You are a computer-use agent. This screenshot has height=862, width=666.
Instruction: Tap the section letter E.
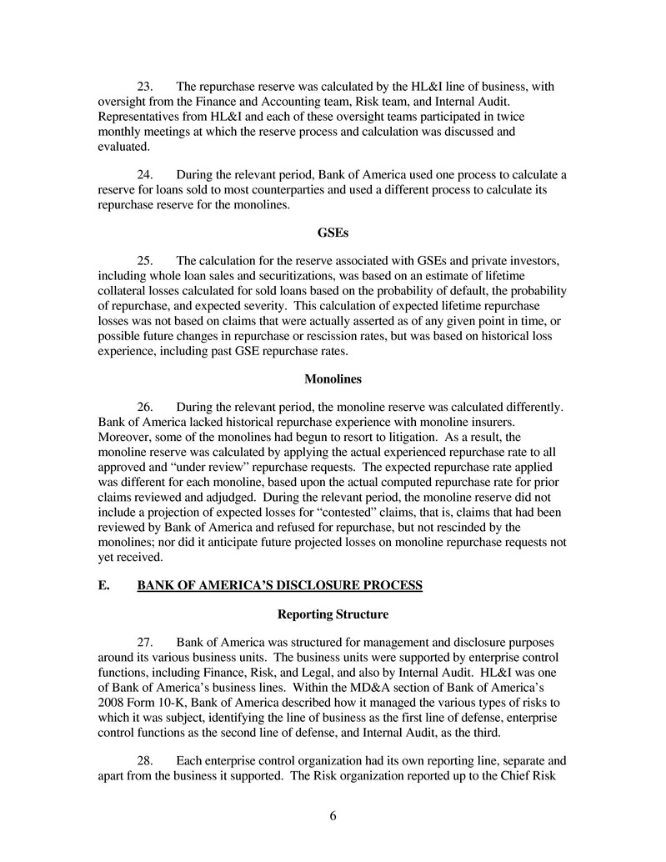(x=103, y=586)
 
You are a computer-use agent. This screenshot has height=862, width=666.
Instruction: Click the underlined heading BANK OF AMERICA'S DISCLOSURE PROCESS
(x=280, y=586)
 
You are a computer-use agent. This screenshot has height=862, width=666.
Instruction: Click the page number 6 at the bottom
(x=333, y=816)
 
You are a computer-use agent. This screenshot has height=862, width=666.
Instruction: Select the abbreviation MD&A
(x=379, y=686)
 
